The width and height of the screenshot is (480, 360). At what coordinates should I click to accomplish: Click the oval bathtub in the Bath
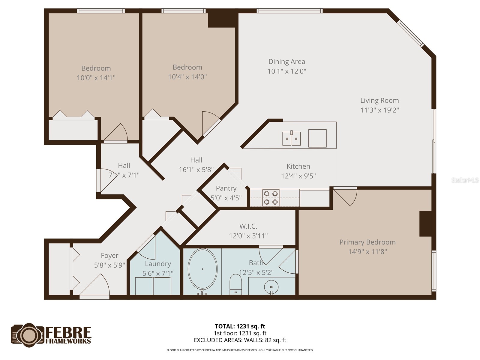(202, 269)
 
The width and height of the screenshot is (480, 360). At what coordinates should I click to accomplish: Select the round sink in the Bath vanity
(271, 286)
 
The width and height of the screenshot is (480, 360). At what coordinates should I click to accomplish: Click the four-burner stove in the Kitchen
(271, 198)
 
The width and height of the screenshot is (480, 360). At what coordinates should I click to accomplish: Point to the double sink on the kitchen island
(291, 139)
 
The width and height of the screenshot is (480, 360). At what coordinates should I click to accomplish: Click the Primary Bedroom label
(367, 242)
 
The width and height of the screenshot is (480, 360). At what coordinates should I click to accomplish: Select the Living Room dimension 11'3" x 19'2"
(379, 110)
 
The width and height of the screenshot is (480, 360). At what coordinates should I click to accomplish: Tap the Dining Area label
(286, 61)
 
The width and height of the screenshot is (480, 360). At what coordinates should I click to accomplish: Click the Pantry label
(226, 188)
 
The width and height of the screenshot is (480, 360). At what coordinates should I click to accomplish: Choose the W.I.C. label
(248, 226)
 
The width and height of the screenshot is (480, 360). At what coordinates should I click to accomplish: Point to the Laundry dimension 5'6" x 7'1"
(158, 273)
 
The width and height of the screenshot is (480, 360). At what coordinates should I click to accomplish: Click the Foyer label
(109, 256)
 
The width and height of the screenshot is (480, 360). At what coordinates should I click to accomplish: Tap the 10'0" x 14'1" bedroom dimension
(96, 78)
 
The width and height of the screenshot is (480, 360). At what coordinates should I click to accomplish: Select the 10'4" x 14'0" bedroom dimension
(187, 77)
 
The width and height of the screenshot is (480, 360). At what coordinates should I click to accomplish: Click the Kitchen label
(298, 166)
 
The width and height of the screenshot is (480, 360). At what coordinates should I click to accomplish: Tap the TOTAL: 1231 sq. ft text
(240, 326)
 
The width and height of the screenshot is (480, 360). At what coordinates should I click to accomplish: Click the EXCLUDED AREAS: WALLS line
(240, 340)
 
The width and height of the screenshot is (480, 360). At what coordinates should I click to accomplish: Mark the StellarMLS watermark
(465, 180)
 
